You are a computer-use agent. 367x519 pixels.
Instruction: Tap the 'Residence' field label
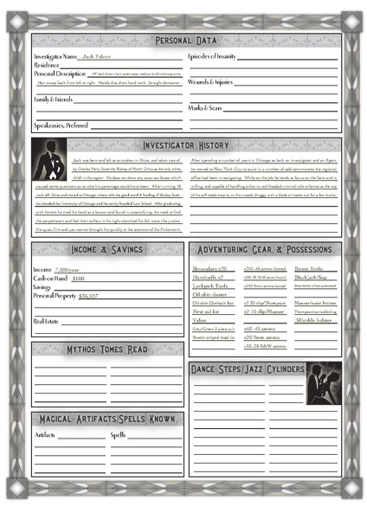pyautogui.click(x=46, y=65)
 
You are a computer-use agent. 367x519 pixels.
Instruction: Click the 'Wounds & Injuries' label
pyautogui.click(x=209, y=82)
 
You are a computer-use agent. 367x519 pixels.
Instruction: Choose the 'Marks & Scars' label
pyautogui.click(x=205, y=107)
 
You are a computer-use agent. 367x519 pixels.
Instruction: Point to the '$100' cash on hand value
pyautogui.click(x=78, y=279)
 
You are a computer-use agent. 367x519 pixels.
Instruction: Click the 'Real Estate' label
pyautogui.click(x=46, y=321)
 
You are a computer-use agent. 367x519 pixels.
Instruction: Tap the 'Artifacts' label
pyautogui.click(x=45, y=434)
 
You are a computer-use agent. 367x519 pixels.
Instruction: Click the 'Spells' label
pyautogui.click(x=119, y=434)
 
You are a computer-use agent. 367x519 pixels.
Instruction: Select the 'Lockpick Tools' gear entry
pyautogui.click(x=210, y=285)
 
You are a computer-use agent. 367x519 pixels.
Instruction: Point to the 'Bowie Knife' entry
pyautogui.click(x=306, y=268)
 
